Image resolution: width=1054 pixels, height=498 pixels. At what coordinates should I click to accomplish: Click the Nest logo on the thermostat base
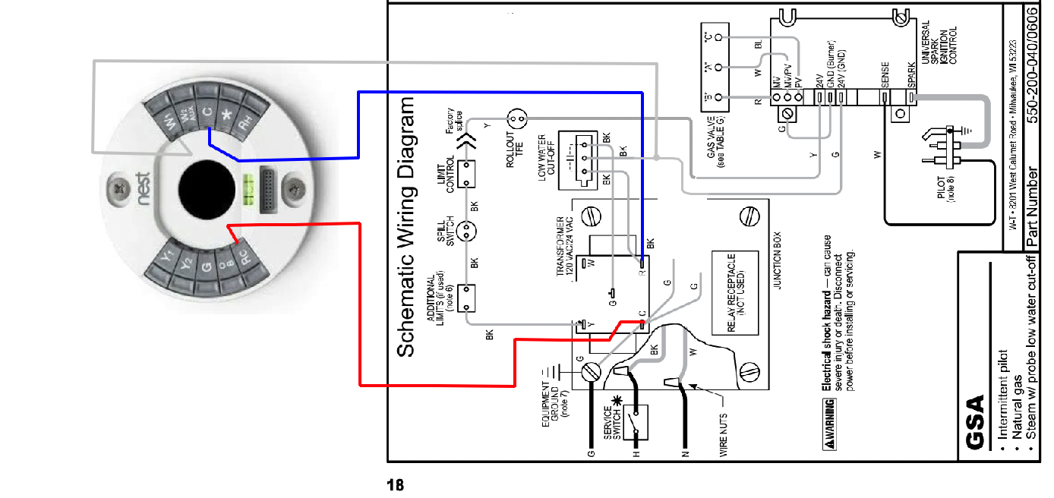(143, 189)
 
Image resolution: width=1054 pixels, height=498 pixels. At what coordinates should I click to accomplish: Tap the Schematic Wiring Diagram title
(407, 226)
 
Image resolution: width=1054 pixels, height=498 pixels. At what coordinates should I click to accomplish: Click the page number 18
(396, 484)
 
